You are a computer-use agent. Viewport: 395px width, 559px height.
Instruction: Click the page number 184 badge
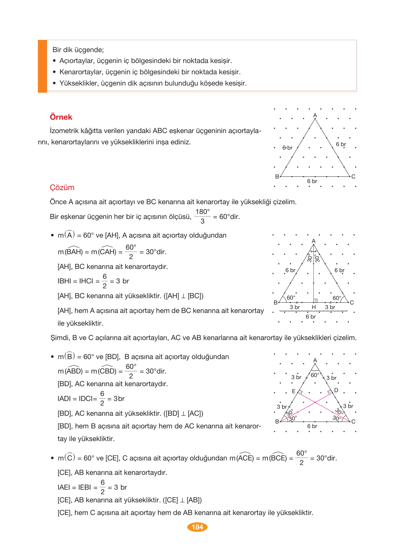197,527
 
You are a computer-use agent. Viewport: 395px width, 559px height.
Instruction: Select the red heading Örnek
61,117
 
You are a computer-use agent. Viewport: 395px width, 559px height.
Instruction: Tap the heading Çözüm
62,187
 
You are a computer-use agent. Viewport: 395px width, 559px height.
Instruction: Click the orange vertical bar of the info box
42,66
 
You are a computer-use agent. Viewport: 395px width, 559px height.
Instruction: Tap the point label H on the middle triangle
314,307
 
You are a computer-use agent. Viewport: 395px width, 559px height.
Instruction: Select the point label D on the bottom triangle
336,390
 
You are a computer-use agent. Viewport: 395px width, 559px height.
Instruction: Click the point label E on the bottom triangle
294,391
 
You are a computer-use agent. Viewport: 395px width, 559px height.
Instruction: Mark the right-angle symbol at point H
316,300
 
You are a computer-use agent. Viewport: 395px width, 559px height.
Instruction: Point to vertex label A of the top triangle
315,115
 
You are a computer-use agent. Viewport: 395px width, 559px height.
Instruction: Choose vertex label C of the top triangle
353,176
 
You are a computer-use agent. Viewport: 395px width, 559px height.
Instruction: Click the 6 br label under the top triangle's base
312,181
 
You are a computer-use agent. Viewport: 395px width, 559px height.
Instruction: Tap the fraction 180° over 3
203,216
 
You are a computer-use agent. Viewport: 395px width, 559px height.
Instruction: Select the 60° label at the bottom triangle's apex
315,375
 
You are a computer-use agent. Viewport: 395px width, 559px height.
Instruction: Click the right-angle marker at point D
330,392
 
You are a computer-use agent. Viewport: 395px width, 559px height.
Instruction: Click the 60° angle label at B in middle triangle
291,298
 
